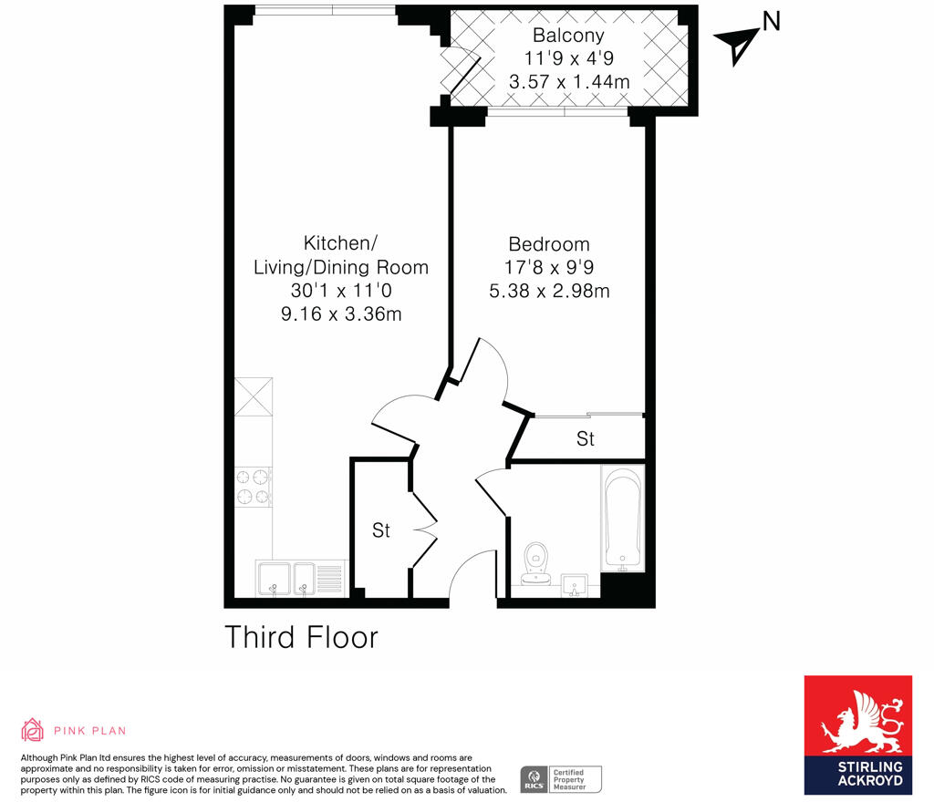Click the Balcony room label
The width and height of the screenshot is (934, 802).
tap(568, 36)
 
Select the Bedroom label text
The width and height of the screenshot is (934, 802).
tap(549, 244)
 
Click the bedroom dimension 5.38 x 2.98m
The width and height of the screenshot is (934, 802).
tap(549, 292)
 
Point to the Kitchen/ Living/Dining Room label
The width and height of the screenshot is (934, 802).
tap(340, 255)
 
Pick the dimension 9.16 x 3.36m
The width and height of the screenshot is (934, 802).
tap(340, 314)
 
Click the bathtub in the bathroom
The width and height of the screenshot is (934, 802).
tap(623, 517)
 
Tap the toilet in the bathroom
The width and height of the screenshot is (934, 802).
tap(535, 558)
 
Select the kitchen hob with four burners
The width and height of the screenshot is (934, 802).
tap(254, 486)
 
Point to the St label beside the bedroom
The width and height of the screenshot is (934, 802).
tap(586, 438)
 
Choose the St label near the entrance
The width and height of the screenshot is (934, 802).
tap(381, 530)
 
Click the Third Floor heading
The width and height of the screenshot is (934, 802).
tap(301, 637)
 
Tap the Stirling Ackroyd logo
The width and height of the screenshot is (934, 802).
tap(857, 735)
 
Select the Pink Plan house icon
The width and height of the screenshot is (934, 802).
tap(32, 730)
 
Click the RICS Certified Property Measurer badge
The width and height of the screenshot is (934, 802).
tap(561, 779)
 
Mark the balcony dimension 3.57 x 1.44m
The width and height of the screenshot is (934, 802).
tap(568, 82)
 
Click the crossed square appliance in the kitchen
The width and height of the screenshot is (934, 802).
tap(254, 397)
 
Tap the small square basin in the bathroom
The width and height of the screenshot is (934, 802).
tap(573, 584)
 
